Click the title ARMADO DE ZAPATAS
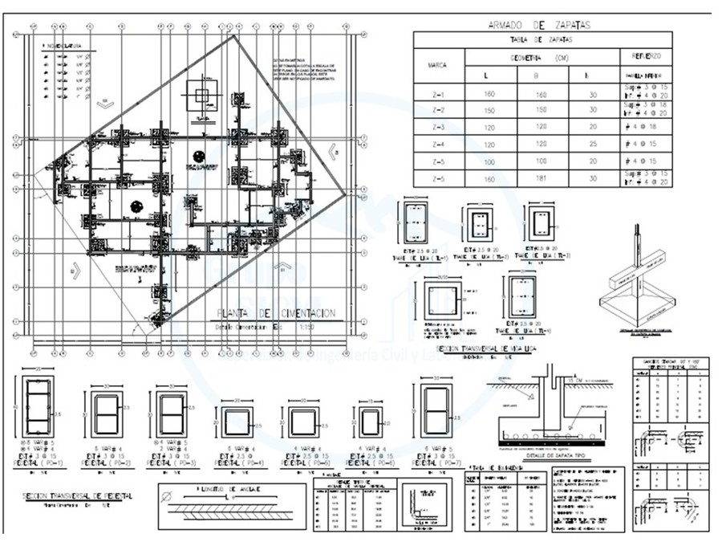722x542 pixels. coord(539,25)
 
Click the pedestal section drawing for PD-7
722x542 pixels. coord(436,411)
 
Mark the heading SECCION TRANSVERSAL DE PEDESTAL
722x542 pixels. coord(78,496)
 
